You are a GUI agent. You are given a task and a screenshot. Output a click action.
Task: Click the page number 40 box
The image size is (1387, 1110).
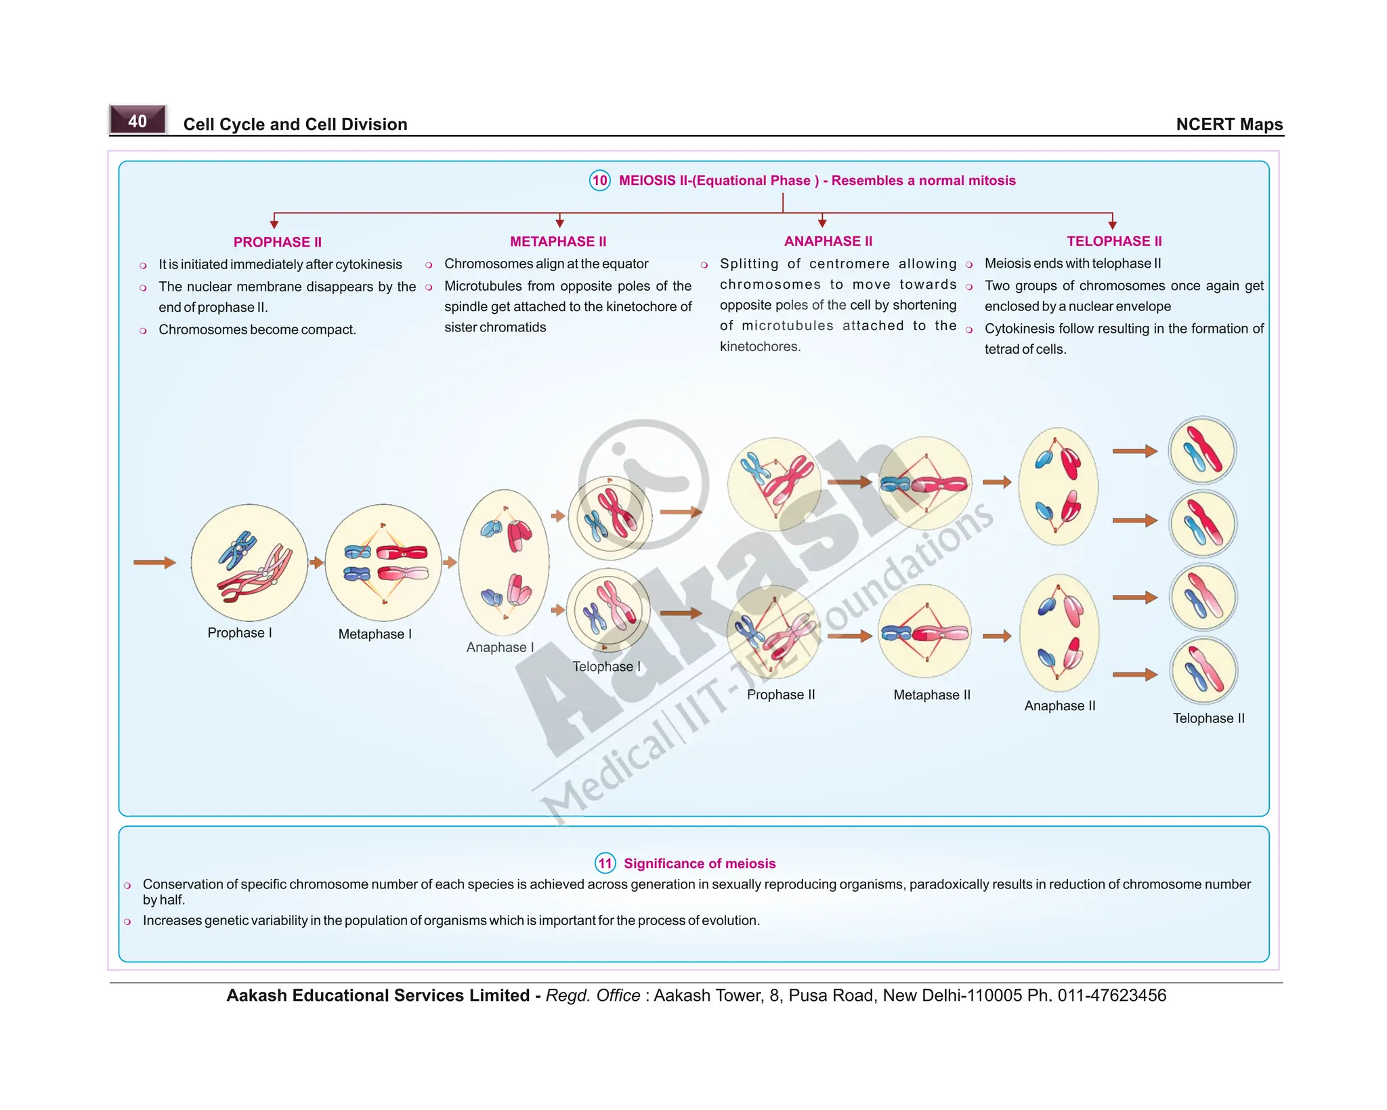click(x=137, y=121)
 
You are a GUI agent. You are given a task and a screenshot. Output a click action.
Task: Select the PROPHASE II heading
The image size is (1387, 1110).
click(x=277, y=242)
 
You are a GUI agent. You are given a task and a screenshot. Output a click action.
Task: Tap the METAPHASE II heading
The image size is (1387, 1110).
click(x=558, y=241)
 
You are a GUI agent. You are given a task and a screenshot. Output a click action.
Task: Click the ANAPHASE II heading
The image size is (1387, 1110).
click(x=828, y=241)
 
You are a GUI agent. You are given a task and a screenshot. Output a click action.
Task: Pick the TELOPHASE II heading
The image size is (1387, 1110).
click(x=1114, y=241)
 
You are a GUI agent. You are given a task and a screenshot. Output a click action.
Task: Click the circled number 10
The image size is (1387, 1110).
click(x=599, y=180)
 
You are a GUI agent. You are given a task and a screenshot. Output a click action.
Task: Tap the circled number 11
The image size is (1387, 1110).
click(x=605, y=863)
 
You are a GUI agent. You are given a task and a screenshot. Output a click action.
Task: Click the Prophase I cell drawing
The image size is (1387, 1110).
click(x=249, y=562)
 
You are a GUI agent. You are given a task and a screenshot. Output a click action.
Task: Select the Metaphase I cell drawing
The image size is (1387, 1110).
click(x=383, y=562)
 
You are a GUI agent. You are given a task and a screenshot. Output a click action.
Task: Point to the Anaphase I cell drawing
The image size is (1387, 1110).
click(x=504, y=562)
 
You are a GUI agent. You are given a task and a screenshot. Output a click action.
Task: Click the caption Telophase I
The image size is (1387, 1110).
click(x=606, y=667)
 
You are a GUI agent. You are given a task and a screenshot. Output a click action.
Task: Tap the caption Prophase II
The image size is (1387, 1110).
click(x=781, y=695)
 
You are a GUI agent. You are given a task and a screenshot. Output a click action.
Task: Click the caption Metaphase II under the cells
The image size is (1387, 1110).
click(x=931, y=695)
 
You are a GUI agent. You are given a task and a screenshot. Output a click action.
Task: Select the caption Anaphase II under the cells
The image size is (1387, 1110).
click(x=1059, y=706)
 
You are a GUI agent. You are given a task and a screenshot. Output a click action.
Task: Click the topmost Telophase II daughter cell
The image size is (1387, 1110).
click(x=1202, y=451)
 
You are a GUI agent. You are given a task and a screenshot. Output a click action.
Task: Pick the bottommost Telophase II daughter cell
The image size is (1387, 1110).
click(x=1203, y=671)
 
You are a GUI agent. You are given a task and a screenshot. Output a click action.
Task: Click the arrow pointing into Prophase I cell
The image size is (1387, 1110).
click(x=154, y=562)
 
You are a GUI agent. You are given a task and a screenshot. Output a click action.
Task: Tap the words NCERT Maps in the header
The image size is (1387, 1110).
click(x=1229, y=125)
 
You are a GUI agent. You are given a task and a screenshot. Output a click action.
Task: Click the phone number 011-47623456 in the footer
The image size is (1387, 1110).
click(x=1111, y=995)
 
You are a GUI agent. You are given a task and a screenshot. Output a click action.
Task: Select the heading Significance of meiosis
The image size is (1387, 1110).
click(x=700, y=863)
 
